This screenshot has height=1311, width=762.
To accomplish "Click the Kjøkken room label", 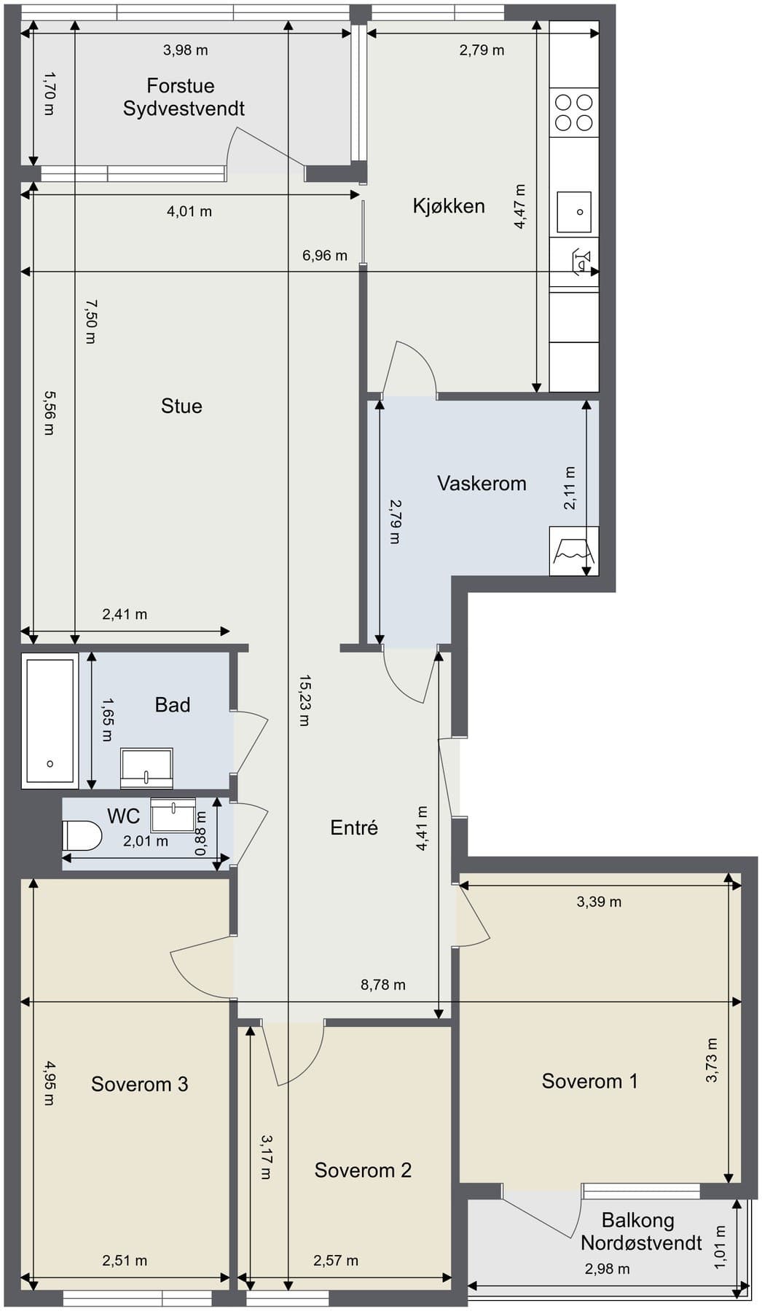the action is pyautogui.click(x=449, y=206).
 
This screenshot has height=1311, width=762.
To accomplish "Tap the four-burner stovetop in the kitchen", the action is pyautogui.click(x=574, y=112).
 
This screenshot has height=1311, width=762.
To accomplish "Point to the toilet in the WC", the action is pyautogui.click(x=82, y=835).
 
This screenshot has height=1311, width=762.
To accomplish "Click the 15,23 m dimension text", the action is pyautogui.click(x=305, y=700).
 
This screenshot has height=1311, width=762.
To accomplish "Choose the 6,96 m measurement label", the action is pyautogui.click(x=325, y=256).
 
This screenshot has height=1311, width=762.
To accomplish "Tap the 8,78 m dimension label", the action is pyautogui.click(x=383, y=985).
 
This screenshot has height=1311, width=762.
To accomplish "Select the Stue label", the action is pyautogui.click(x=181, y=406).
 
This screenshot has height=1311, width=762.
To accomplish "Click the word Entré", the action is pyautogui.click(x=354, y=827).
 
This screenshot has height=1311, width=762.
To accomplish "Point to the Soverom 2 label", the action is pyautogui.click(x=363, y=1170).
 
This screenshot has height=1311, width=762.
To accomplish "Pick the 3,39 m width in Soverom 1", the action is pyautogui.click(x=599, y=902).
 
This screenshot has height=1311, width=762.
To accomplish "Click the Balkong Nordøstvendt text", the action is pyautogui.click(x=641, y=1231).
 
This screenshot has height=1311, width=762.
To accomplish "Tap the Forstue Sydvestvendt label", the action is pyautogui.click(x=183, y=97).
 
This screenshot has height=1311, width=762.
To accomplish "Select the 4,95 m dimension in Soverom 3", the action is pyautogui.click(x=49, y=1083).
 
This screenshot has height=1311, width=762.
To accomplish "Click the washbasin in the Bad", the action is pyautogui.click(x=146, y=768).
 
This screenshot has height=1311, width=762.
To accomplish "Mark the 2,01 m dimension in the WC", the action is pyautogui.click(x=146, y=841).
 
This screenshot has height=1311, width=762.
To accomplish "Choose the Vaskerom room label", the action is pyautogui.click(x=482, y=483).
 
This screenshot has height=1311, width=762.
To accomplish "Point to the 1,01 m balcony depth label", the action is pyautogui.click(x=720, y=1247).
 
